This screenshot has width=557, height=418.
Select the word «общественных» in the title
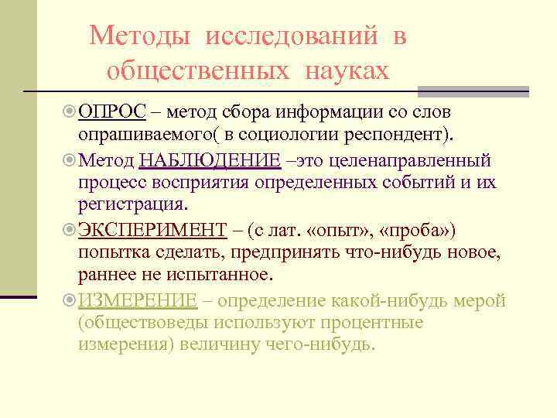point(196,71)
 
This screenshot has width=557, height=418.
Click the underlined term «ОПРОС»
point(112,113)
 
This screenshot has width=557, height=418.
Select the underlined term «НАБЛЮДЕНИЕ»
point(210,161)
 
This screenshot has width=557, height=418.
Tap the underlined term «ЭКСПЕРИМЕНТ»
point(152,230)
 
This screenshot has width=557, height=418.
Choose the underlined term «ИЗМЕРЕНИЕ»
point(138,300)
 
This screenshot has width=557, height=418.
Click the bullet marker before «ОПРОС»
point(70,113)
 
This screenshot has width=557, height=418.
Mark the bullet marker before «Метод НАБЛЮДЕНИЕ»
point(70,161)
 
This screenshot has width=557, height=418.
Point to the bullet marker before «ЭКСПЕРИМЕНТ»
point(70,230)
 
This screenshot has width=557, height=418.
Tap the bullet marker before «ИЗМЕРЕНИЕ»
point(70,300)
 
